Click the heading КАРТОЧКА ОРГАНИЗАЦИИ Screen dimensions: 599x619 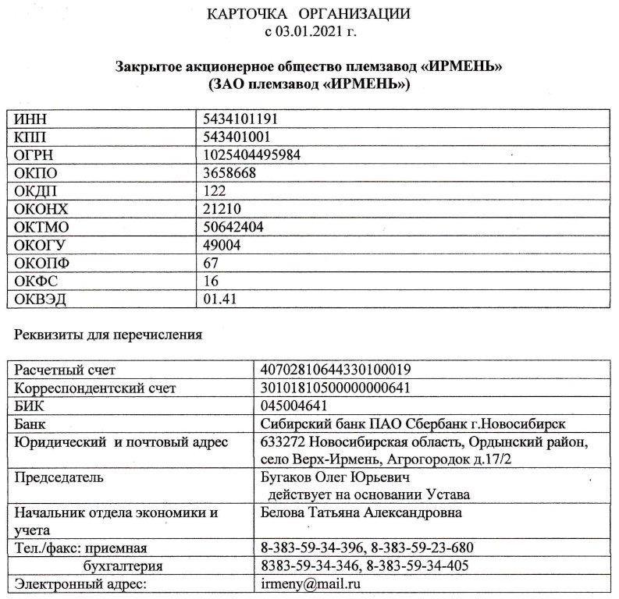click(x=310, y=15)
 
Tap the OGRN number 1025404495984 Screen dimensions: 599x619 click(x=251, y=155)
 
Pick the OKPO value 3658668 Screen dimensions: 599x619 click(x=229, y=173)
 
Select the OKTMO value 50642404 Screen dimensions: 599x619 click(x=233, y=227)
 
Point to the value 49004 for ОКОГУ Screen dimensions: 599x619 click(x=222, y=245)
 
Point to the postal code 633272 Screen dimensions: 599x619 click(x=283, y=442)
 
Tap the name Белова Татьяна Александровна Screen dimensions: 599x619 click(x=361, y=512)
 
